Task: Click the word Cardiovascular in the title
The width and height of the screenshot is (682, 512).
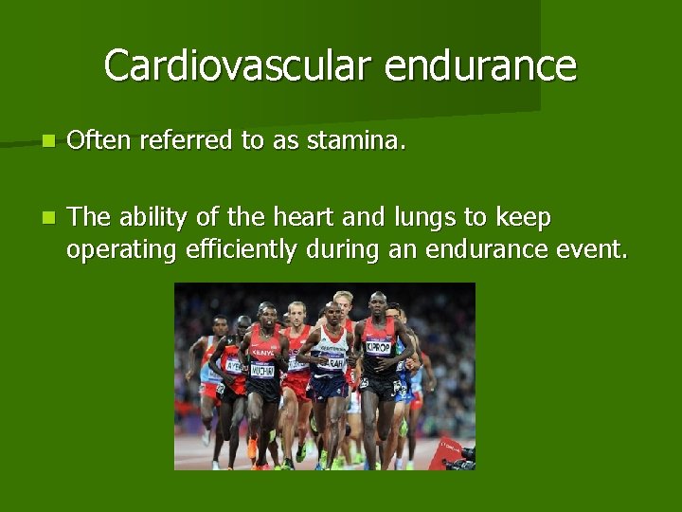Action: [x=226, y=66]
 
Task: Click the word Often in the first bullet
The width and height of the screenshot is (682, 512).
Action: [x=100, y=141]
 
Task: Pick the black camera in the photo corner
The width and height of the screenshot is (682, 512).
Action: [x=461, y=458]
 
